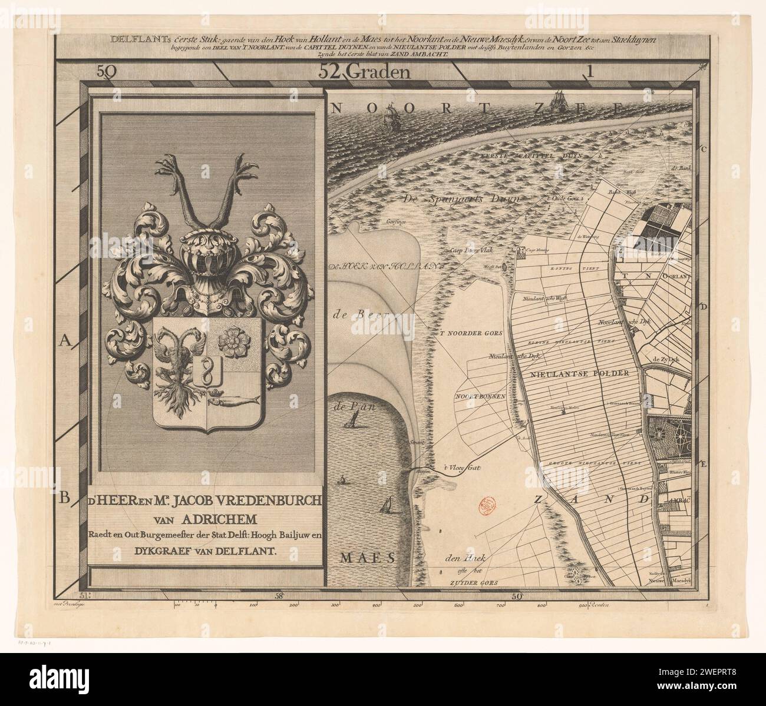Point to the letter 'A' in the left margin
coord(65,340)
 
